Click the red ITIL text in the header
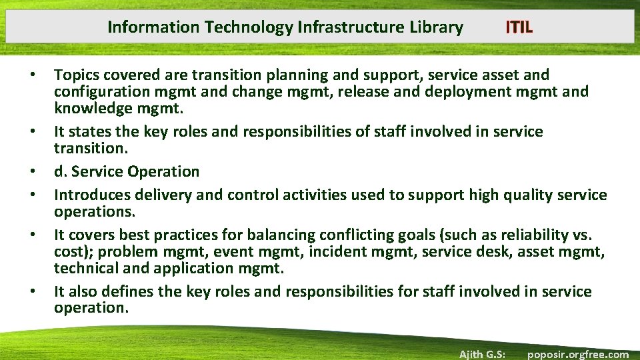click(x=519, y=27)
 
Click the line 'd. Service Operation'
click(x=127, y=171)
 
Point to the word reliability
click(x=533, y=235)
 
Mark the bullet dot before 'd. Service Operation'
click(x=33, y=172)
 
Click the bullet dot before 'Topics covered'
click(x=33, y=76)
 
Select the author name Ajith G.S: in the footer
click(x=482, y=354)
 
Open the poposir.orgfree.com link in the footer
click(x=577, y=354)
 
